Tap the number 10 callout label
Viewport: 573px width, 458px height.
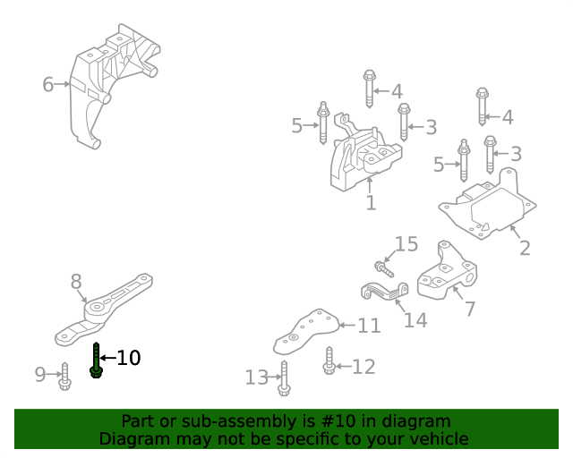pos(129,359)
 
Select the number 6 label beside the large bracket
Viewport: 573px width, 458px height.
pos(48,85)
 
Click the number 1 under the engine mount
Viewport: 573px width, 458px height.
pos(371,204)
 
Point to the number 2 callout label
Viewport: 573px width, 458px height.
pos(525,248)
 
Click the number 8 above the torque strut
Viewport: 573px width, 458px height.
pos(76,283)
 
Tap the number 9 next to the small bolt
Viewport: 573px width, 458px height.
pos(40,375)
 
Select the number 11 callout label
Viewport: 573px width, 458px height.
pos(370,327)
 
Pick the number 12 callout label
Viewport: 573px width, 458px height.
pos(363,367)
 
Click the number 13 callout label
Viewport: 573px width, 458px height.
pos(256,378)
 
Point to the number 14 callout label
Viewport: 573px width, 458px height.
pos(415,319)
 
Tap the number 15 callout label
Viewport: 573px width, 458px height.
pos(406,244)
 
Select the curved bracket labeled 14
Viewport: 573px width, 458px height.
pos(384,290)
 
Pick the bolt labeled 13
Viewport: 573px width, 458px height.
pos(284,378)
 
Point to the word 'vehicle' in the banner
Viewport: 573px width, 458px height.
pos(437,439)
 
